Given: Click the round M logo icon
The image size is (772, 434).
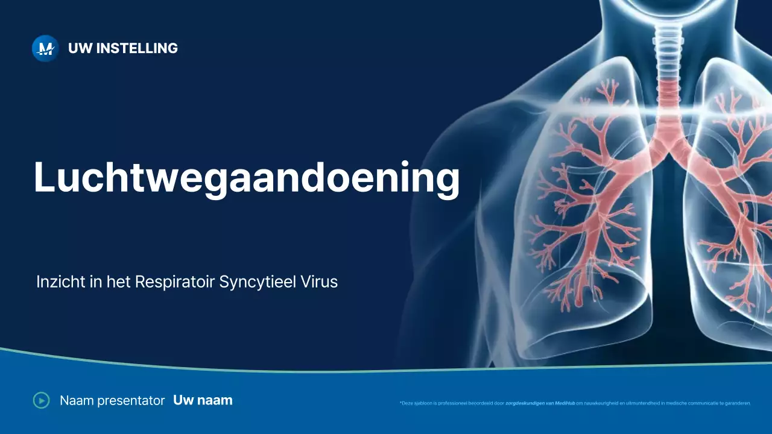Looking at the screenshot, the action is (x=45, y=49).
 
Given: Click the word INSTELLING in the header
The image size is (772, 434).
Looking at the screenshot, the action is (x=137, y=48).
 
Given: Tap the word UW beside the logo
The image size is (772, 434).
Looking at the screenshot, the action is (x=80, y=48).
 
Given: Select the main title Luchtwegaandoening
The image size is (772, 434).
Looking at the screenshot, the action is (x=247, y=178).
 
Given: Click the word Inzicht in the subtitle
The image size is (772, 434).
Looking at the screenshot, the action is (x=61, y=281).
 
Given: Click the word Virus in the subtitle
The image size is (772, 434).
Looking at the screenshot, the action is (x=319, y=281).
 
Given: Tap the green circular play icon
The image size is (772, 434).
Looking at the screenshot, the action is (x=42, y=400).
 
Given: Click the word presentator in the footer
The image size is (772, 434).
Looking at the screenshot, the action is (x=131, y=401).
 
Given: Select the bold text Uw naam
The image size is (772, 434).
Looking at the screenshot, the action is (x=203, y=400).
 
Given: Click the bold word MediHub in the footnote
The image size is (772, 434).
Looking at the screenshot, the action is (x=565, y=403).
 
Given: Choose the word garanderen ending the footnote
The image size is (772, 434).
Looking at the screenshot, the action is (x=739, y=403).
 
